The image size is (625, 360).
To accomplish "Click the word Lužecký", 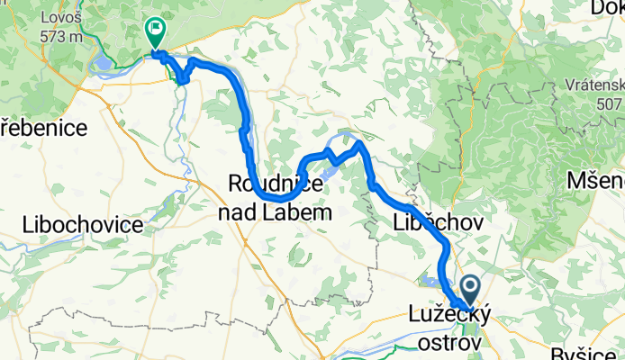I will coord(441,317).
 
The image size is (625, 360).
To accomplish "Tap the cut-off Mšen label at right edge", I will coord(594,181).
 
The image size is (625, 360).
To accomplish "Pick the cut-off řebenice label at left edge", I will coord(43,128).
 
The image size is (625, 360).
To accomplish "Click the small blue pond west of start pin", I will coord(432,283).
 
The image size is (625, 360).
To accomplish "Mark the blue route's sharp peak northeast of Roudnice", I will coord(359,143).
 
